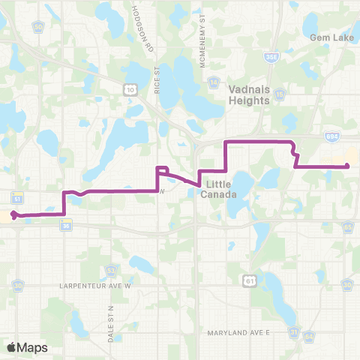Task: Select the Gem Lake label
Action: coord(326,36)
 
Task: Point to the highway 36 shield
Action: coord(66,225)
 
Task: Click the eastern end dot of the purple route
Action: coord(347,166)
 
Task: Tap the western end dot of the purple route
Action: coord(14,216)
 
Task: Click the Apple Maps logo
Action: coord(27,347)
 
